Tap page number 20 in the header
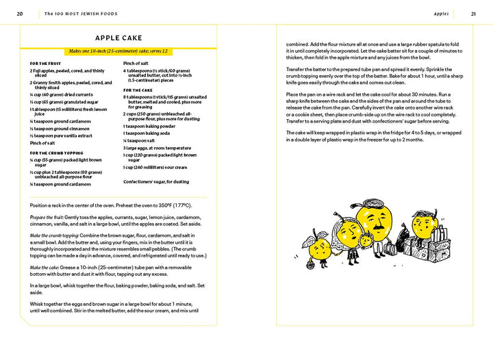pos(20,13)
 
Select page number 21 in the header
pos(473,13)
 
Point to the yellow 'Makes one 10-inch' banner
pos(118,51)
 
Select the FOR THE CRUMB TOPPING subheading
pos(56,153)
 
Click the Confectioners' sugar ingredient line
pos(157,181)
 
